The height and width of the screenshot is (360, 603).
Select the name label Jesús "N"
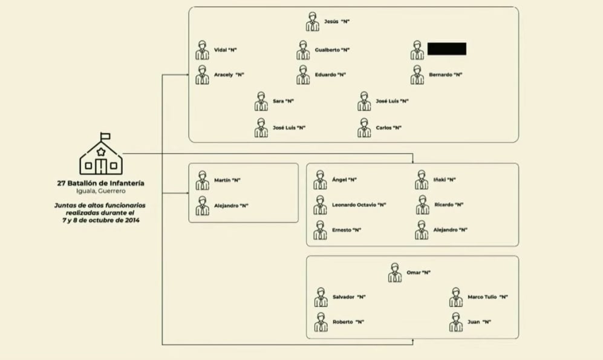coord(337,22)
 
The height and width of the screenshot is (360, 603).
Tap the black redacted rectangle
coord(446,49)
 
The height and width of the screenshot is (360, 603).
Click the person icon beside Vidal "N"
coord(202,50)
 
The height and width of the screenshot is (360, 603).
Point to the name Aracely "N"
coord(229,74)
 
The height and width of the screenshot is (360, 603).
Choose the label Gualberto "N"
coord(332,50)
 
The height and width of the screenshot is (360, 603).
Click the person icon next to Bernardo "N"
coord(417,75)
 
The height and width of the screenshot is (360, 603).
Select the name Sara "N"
coord(283,101)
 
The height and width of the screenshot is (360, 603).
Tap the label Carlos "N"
coord(388,128)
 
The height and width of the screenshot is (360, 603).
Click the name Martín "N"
coord(227,180)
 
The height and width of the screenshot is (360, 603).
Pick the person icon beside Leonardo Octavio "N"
coord(320,205)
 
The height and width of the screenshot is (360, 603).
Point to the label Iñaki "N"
coord(444,180)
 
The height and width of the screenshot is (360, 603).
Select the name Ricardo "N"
coord(449,205)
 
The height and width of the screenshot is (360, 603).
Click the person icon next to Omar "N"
coord(394,273)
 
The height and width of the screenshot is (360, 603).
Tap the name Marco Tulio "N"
coord(487,297)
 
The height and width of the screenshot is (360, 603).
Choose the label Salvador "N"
coord(349,297)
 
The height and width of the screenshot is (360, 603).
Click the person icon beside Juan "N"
coord(456,322)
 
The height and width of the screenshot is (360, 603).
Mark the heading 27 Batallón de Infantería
coord(101,183)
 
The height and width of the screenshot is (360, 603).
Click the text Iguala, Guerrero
coord(101,191)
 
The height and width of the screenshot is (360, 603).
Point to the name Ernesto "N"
coord(347,230)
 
